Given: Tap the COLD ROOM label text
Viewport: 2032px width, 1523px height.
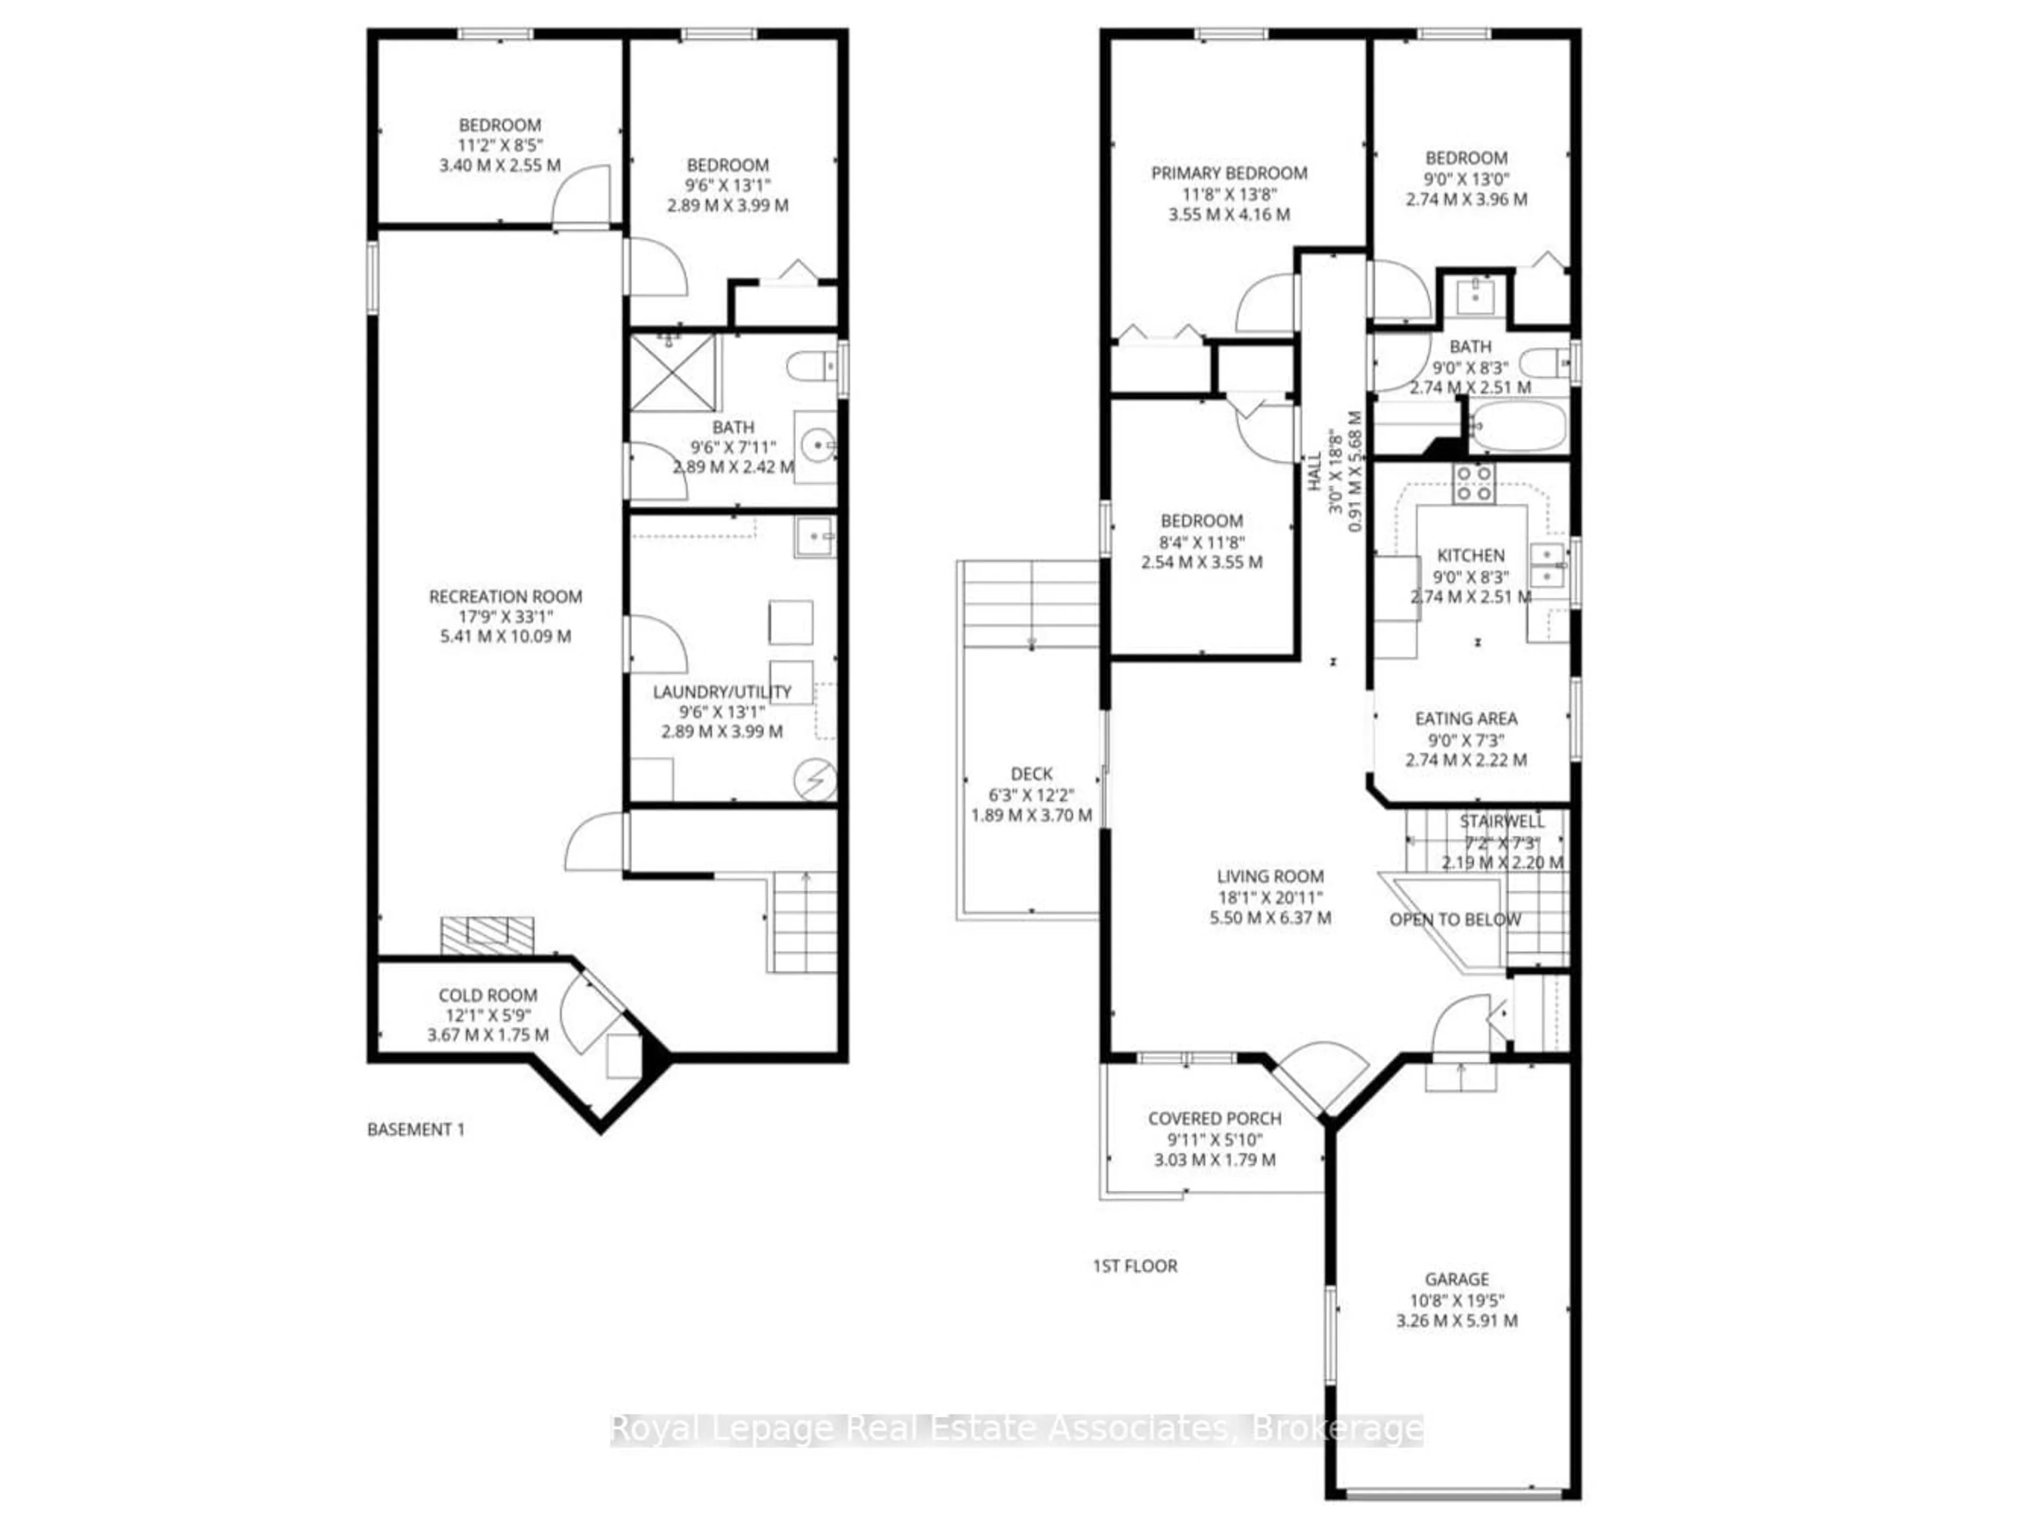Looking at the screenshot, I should click(x=488, y=995).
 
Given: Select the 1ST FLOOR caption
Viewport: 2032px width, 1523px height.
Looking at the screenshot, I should click(x=1135, y=1266).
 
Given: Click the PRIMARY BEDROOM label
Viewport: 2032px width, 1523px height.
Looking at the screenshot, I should click(x=1229, y=172).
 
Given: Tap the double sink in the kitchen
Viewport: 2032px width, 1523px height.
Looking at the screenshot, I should click(x=1547, y=565).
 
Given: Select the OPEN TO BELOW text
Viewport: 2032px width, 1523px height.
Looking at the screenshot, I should click(x=1455, y=919).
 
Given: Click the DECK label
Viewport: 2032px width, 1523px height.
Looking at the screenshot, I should click(x=1032, y=774).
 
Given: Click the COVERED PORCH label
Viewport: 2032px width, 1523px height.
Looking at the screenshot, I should click(x=1214, y=1119).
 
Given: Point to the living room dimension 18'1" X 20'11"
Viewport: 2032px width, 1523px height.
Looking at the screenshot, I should click(x=1271, y=897).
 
